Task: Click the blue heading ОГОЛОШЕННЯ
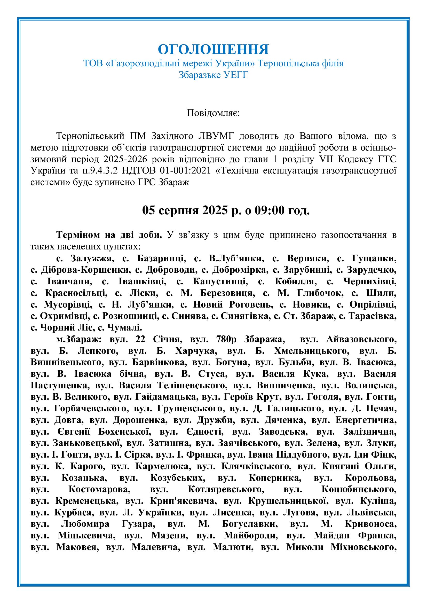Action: pos(213,49)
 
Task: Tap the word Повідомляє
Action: pos(213,113)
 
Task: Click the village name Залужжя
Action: pos(92,258)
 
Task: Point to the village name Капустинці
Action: pos(220,281)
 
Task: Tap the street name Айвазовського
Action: pos(361,339)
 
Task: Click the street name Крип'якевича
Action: pos(183,501)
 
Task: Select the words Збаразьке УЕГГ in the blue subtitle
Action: pos(213,75)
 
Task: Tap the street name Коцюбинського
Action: pos(359,489)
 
